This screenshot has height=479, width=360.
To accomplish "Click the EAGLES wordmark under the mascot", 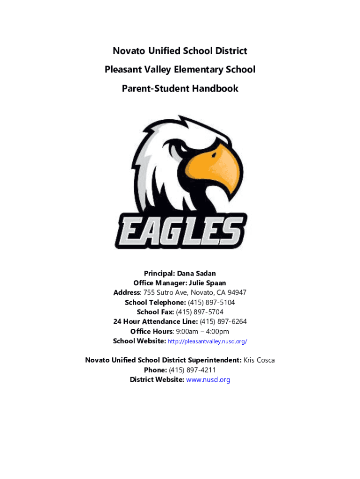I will tap(180, 230).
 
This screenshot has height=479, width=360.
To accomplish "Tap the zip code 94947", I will tap(236, 293).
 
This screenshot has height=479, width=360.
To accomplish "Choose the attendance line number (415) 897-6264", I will tap(223, 321).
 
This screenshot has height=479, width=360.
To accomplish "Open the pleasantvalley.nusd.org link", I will tap(207, 341).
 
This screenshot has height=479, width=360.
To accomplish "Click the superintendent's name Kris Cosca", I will tap(259, 360).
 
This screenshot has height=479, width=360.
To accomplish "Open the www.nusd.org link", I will tap(208, 380).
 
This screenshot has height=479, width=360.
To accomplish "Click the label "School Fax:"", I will tap(155, 312).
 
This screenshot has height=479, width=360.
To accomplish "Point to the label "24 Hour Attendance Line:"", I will tap(155, 321).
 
